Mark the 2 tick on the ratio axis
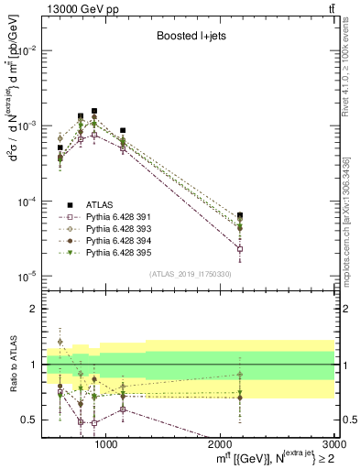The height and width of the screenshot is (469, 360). click(36, 310)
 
